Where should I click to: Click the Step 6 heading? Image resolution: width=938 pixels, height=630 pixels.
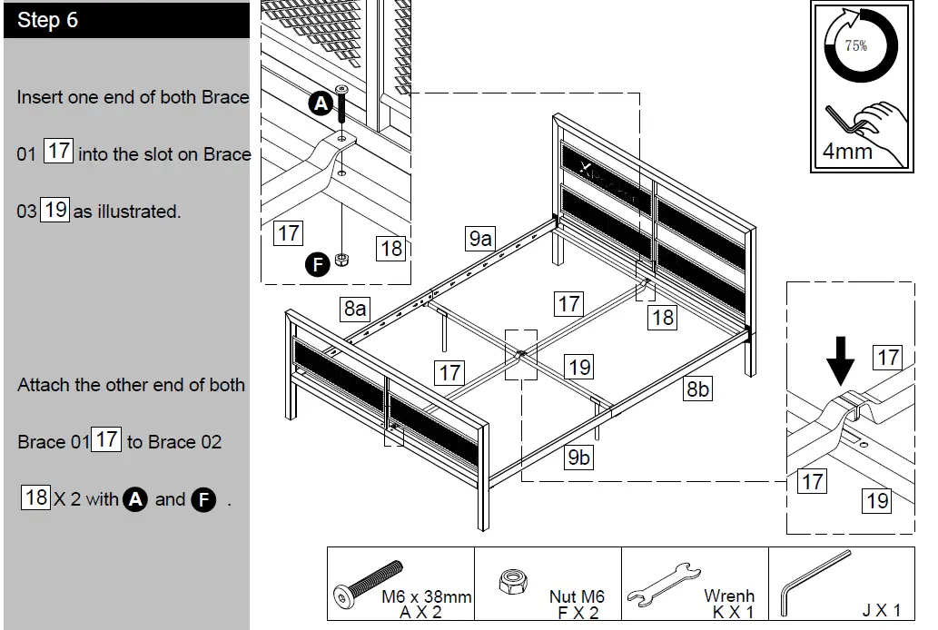(47, 21)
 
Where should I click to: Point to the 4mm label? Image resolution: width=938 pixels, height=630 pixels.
(847, 151)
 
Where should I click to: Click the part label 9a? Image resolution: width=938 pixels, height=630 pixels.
(480, 239)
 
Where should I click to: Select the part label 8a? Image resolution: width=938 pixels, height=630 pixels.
(355, 309)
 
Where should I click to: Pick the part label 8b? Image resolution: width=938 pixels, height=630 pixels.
(697, 389)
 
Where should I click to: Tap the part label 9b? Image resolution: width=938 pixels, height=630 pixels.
(578, 458)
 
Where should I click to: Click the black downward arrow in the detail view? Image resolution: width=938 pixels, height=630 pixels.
(841, 361)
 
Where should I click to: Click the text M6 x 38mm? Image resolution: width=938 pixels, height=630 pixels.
(426, 596)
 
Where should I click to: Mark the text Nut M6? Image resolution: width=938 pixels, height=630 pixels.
(577, 596)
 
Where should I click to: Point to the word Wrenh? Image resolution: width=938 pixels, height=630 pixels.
(729, 596)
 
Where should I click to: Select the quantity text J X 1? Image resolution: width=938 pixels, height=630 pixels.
(881, 610)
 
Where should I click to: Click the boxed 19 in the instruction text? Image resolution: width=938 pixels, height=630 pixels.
(55, 210)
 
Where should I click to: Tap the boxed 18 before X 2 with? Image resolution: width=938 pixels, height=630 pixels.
(35, 497)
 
